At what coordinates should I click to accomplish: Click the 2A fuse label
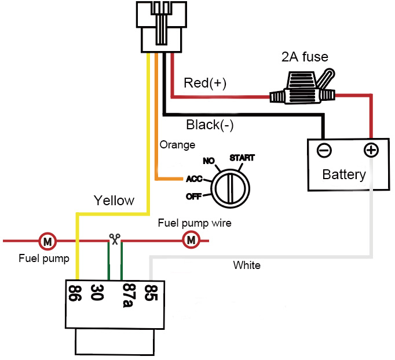coord(305,57)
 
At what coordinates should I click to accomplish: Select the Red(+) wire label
coord(204,83)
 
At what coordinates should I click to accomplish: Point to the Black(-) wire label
coord(210,124)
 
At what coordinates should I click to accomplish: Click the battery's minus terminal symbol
coord(324,151)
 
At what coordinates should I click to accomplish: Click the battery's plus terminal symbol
coord(371,151)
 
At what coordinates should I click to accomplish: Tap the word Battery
coord(344,174)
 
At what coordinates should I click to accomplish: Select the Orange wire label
coord(177,145)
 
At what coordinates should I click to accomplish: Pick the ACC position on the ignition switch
coord(193,179)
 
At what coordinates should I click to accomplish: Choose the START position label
coord(242,158)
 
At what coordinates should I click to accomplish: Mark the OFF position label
coord(193,197)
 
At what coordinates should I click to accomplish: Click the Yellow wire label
coord(114,201)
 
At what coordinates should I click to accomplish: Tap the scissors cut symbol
coord(115,238)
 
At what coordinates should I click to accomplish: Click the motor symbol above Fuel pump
coord(46,240)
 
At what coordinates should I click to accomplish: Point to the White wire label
coord(247,266)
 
